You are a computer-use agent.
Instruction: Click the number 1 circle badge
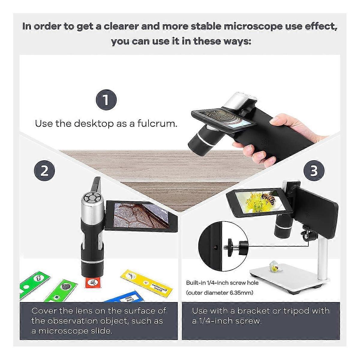(x=106, y=100)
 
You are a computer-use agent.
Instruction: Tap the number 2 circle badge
(x=44, y=171)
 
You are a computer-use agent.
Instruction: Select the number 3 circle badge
(x=313, y=171)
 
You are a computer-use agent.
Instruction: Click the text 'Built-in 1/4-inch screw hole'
(x=222, y=283)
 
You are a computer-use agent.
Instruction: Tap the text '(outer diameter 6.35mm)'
(x=220, y=293)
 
